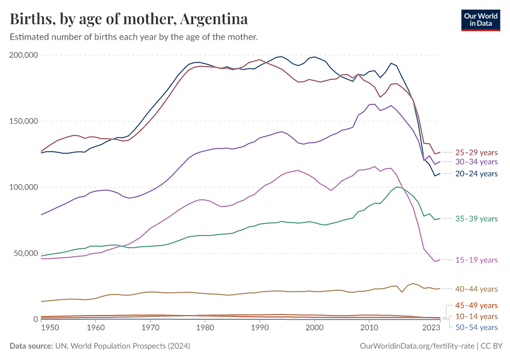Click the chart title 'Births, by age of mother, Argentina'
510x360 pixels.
pyautogui.click(x=129, y=19)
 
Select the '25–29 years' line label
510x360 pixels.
pyautogui.click(x=476, y=152)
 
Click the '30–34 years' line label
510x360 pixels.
pyautogui.click(x=476, y=162)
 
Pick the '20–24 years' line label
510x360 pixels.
pyautogui.click(x=476, y=174)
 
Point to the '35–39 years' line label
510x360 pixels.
pyautogui.click(x=476, y=218)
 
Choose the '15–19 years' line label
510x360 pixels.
pyautogui.click(x=476, y=260)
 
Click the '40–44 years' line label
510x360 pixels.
pyautogui.click(x=476, y=289)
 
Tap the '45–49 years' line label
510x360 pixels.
pyautogui.click(x=476, y=305)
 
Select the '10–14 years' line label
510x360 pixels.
pyautogui.click(x=476, y=316)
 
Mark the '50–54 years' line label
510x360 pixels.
pyautogui.click(x=476, y=327)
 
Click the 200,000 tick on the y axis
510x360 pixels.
pyautogui.click(x=25, y=55)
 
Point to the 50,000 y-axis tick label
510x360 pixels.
pyautogui.click(x=26, y=253)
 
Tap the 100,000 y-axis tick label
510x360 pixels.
pyautogui.click(x=25, y=187)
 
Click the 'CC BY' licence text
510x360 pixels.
pyautogui.click(x=490, y=346)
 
